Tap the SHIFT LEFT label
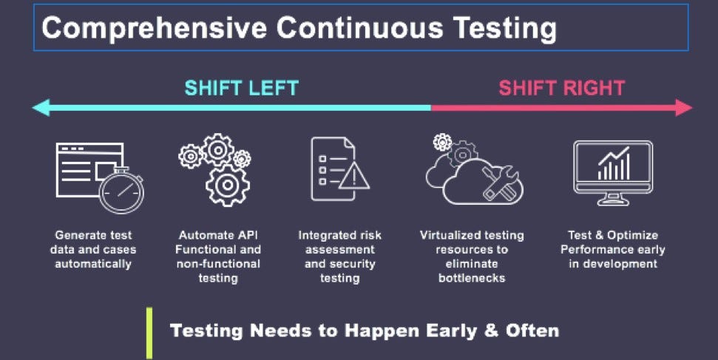(x=241, y=89)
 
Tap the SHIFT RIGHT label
(x=562, y=89)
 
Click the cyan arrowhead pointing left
(x=41, y=108)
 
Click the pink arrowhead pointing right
(x=683, y=108)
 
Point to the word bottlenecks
(x=472, y=279)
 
